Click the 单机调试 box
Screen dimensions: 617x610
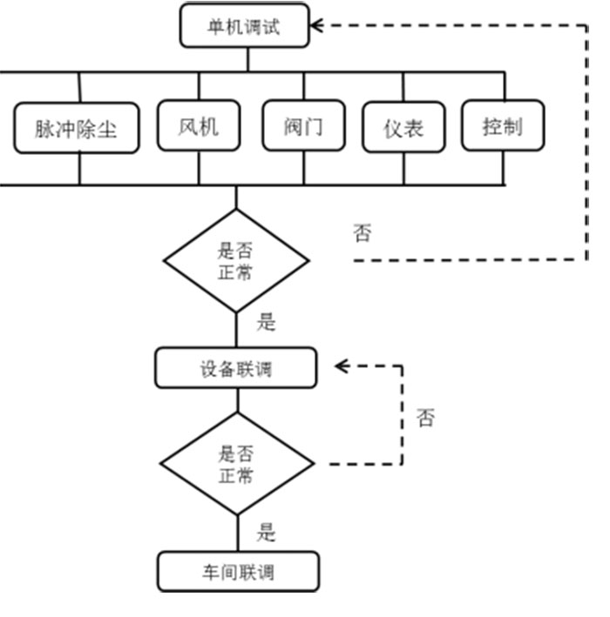pos(244,26)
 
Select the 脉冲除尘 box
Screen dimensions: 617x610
pos(76,129)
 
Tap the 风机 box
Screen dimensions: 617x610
pos(199,126)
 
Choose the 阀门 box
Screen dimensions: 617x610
pos(303,126)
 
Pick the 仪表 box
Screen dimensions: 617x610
pos(403,128)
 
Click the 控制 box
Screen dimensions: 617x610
pos(502,126)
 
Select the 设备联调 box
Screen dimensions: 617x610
pos(235,368)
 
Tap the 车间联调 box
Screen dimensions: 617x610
pos(237,573)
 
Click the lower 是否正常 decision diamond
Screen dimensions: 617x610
pos(236,464)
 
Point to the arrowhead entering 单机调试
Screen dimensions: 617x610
pos(316,25)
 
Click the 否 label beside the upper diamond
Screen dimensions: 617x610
pos(362,232)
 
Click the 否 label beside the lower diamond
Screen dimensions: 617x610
pos(424,419)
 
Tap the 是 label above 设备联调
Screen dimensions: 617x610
pos(266,323)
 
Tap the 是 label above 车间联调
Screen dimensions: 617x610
pos(266,531)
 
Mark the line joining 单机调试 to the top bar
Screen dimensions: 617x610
pos(247,58)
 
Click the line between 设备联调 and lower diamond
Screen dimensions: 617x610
pos(237,400)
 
